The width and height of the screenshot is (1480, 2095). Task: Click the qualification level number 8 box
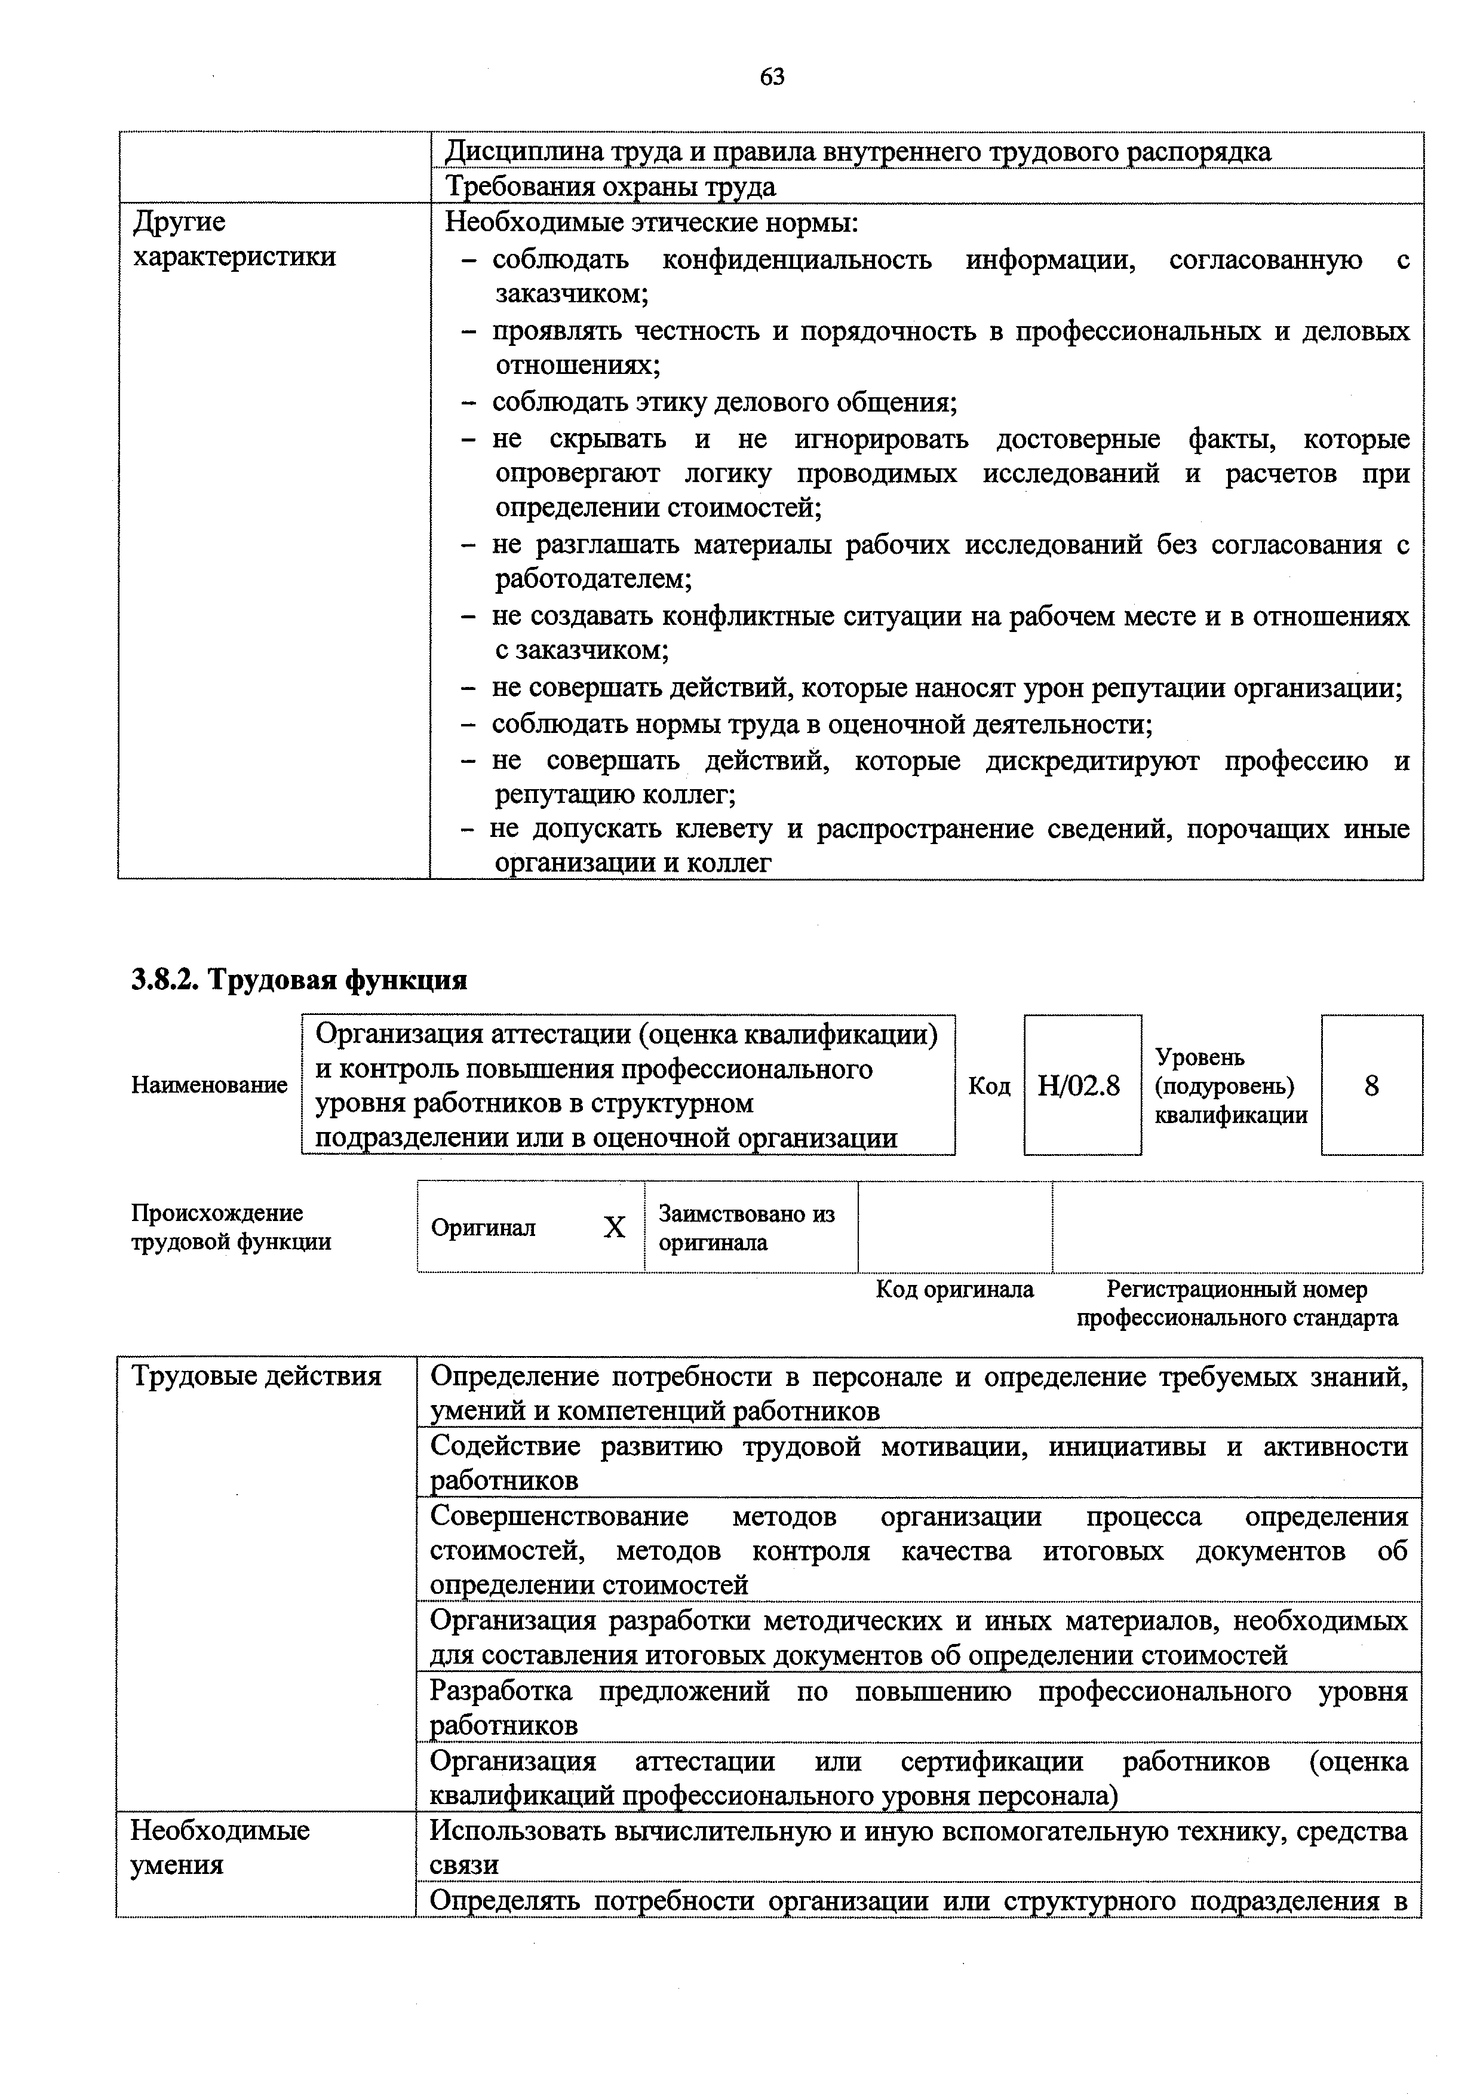tap(1371, 1086)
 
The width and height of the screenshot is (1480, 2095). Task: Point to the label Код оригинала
tap(954, 1289)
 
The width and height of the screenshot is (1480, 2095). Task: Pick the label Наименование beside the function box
tap(209, 1086)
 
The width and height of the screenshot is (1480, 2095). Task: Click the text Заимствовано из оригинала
tap(747, 1228)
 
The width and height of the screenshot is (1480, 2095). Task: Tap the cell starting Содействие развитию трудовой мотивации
tap(919, 1464)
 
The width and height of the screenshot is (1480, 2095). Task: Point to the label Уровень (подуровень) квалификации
tap(1231, 1086)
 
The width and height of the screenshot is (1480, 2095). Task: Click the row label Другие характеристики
tap(234, 239)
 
